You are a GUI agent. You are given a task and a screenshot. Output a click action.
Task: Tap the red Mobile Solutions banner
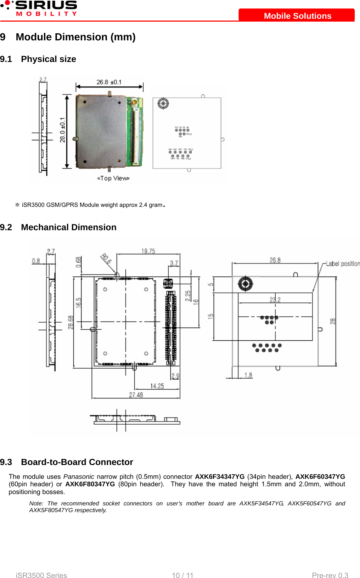(297, 16)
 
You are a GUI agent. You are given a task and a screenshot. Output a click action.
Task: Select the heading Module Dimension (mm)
(75, 37)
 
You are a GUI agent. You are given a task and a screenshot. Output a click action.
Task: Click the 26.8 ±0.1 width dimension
(109, 82)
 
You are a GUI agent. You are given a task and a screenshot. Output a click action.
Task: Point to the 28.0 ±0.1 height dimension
(62, 130)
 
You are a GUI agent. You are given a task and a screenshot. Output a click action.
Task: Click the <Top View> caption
(113, 178)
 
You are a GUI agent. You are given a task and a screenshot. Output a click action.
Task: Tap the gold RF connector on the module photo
(134, 103)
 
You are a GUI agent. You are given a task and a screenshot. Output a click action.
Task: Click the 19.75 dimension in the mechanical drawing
(148, 251)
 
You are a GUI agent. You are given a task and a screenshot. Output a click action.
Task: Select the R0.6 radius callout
(106, 259)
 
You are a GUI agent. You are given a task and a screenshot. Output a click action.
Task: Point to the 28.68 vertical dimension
(71, 322)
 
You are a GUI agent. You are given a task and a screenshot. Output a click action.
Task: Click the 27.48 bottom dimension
(136, 395)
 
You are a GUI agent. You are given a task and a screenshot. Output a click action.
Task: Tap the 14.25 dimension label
(157, 386)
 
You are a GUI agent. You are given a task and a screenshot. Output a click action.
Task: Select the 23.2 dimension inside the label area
(275, 300)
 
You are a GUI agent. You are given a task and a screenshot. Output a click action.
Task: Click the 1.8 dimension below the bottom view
(248, 375)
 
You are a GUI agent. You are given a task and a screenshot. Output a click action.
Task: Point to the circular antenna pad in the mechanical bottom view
(245, 283)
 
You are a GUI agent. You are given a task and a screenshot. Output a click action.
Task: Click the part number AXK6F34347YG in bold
(220, 477)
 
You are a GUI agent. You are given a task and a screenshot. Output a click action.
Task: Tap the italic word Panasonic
(79, 477)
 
